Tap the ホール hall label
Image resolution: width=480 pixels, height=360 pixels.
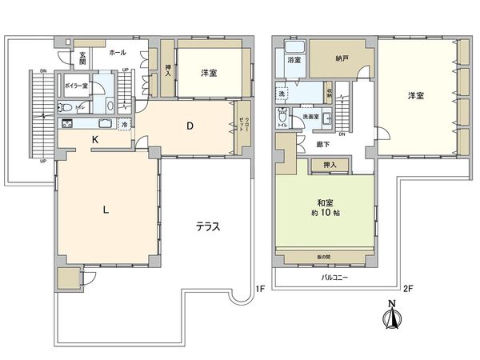coord(117,51)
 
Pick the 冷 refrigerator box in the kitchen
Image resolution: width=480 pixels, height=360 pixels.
coord(124,124)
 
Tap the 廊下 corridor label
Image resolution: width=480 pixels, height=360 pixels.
coord(324,144)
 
